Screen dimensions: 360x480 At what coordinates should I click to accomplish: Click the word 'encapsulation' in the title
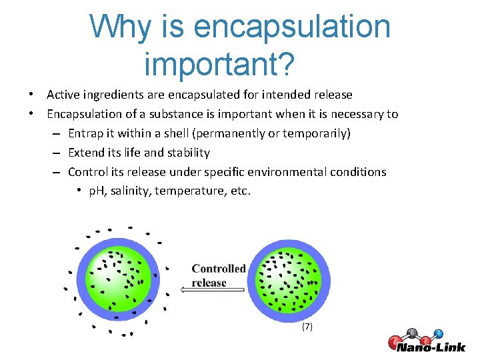292,27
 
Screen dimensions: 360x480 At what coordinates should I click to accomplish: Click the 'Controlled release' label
218,275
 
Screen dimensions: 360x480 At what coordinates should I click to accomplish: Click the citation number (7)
307,327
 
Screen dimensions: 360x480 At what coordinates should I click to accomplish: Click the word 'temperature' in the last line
189,191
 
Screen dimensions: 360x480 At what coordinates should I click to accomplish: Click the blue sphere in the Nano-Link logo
438,333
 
